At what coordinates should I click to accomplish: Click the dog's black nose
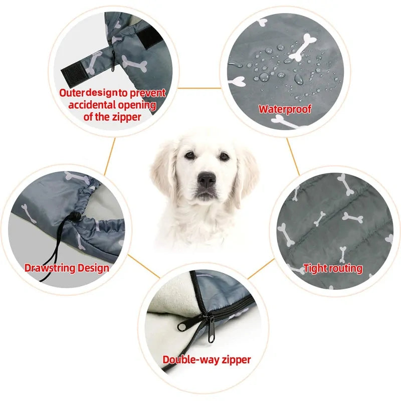point(207,179)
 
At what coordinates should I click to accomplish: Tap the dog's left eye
point(190,155)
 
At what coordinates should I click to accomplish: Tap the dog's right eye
point(224,156)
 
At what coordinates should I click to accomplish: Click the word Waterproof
point(285,109)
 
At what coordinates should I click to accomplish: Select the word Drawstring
point(50,268)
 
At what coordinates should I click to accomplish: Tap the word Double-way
point(191,359)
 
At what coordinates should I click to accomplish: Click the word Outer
point(72,93)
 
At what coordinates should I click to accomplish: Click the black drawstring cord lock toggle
point(76,217)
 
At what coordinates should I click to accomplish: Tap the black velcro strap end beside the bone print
point(74,72)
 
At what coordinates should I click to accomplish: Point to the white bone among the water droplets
point(303,47)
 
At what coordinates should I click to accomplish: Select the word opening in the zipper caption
point(137,105)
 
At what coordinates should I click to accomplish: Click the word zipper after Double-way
point(236,360)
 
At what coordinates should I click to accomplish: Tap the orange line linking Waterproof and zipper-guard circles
point(199,88)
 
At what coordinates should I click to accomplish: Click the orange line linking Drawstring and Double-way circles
point(144,266)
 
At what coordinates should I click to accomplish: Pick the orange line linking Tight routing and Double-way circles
point(261,269)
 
